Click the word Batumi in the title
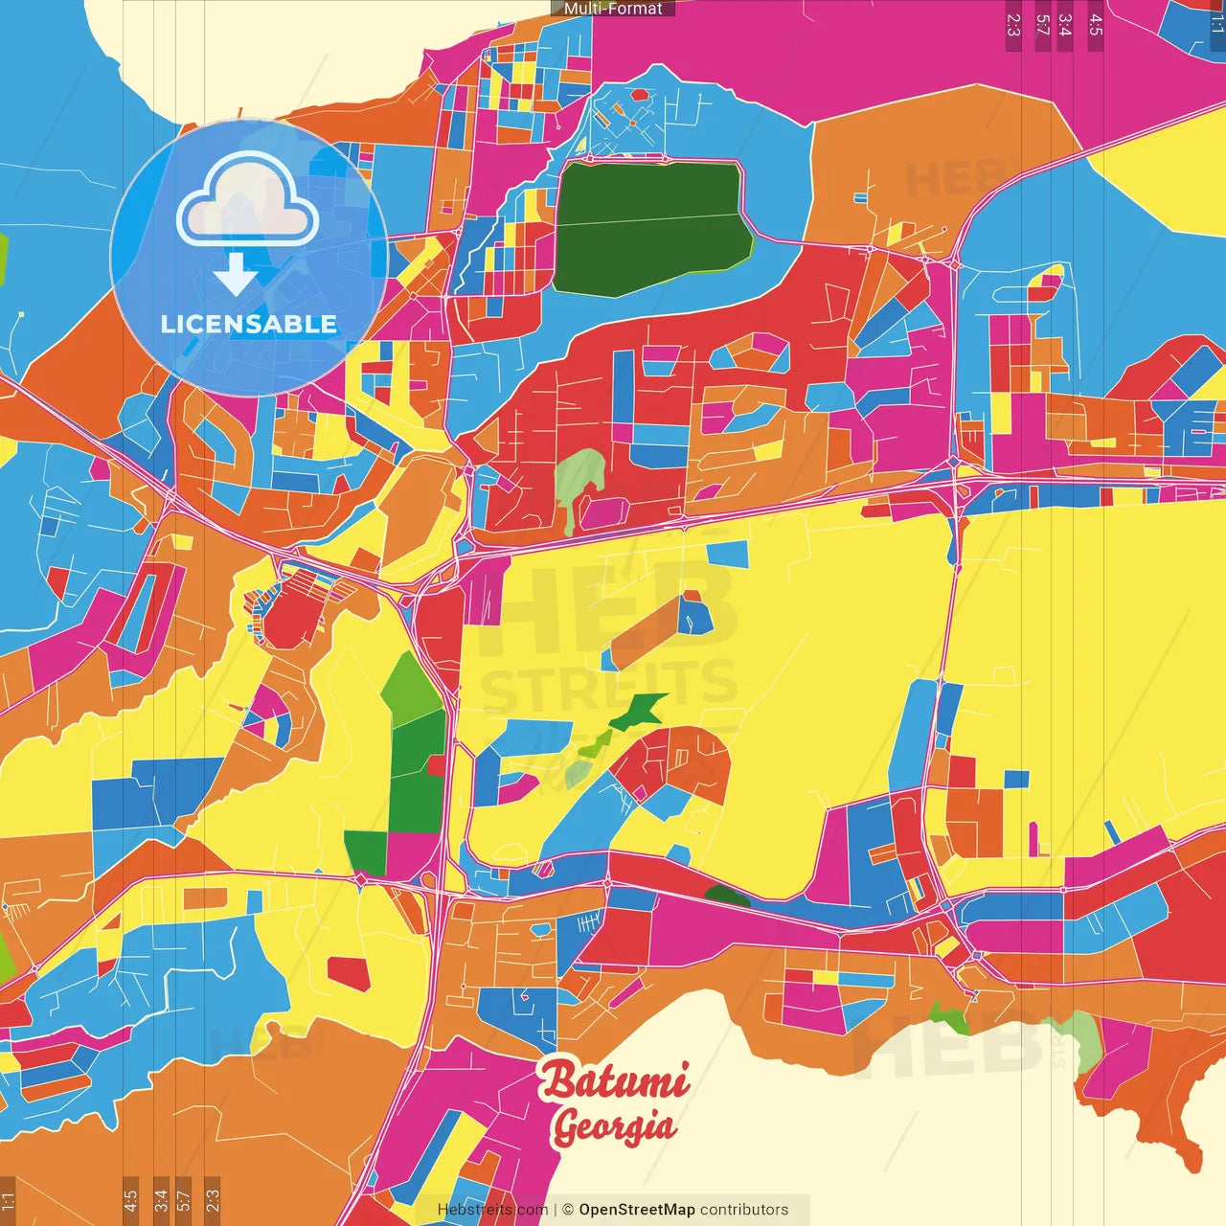[x=614, y=1080]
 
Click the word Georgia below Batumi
[x=613, y=1126]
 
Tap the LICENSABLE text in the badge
[x=249, y=324]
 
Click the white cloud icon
[x=248, y=199]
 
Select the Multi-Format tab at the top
[x=613, y=9]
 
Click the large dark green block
[x=647, y=226]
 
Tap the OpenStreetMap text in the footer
[x=637, y=1210]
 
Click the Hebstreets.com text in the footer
[x=492, y=1210]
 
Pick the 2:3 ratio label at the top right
[x=1013, y=25]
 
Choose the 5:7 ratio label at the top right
[x=1042, y=25]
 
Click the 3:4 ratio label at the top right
[x=1065, y=25]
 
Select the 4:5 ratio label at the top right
[x=1096, y=25]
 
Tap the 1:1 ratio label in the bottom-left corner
[x=8, y=1201]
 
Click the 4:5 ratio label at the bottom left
[x=130, y=1201]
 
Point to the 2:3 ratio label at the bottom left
[x=213, y=1201]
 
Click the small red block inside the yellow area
[x=349, y=973]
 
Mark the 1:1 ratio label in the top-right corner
[x=1217, y=25]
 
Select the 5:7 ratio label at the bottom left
[x=184, y=1201]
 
